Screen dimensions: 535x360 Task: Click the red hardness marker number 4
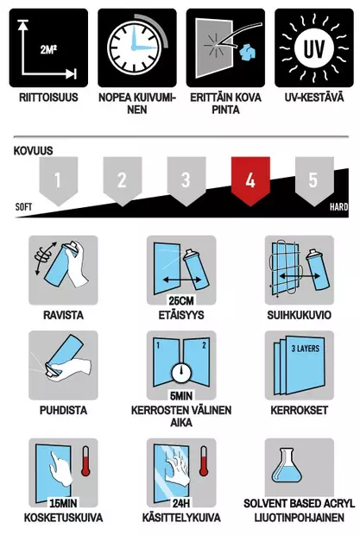[x=250, y=180]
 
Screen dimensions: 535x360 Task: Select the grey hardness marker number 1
[x=58, y=180]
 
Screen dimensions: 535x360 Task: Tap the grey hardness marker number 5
[x=313, y=180]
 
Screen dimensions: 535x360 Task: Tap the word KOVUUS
[x=34, y=150]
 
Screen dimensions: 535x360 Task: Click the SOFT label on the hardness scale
[x=24, y=208]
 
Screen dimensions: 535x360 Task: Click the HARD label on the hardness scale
[x=338, y=208]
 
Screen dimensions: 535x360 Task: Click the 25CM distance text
[x=180, y=302]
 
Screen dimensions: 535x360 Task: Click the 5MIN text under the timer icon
[x=180, y=397]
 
